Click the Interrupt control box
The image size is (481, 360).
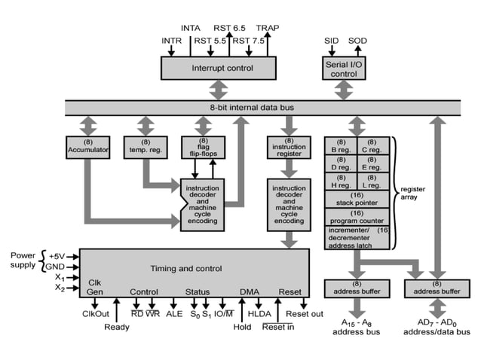point(218,68)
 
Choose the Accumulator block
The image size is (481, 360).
point(87,146)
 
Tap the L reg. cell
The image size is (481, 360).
point(372,182)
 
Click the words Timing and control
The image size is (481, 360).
point(186,268)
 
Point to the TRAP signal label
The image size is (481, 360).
point(267,28)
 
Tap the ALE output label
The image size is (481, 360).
point(174,313)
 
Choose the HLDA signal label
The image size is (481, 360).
point(259,313)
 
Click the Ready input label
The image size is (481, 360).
point(116,327)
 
